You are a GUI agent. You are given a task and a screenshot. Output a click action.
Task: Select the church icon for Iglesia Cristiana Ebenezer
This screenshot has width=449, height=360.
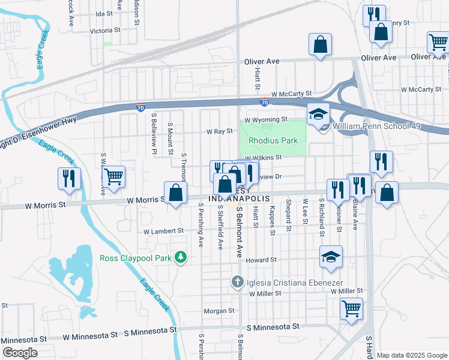(x=238, y=281)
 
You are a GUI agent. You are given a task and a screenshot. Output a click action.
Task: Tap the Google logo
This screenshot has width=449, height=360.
(x=19, y=353)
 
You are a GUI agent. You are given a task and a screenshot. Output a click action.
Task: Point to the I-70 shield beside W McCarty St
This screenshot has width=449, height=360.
(x=264, y=103)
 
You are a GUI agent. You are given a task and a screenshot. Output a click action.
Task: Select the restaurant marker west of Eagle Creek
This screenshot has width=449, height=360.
(x=68, y=178)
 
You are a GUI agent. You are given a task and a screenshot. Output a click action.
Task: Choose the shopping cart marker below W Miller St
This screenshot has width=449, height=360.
(x=352, y=309)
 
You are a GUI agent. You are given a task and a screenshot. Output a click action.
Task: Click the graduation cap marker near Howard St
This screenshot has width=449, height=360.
(x=331, y=256)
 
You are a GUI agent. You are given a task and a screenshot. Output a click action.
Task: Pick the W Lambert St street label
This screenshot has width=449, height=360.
(x=163, y=231)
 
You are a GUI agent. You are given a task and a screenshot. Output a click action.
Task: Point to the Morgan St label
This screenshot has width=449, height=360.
(x=218, y=311)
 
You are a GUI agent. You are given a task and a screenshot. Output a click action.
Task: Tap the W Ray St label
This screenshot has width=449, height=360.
(x=219, y=131)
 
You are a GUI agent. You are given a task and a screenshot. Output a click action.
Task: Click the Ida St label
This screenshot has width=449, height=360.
(x=104, y=13)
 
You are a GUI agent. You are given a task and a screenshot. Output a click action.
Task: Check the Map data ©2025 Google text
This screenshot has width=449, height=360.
(x=411, y=355)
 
